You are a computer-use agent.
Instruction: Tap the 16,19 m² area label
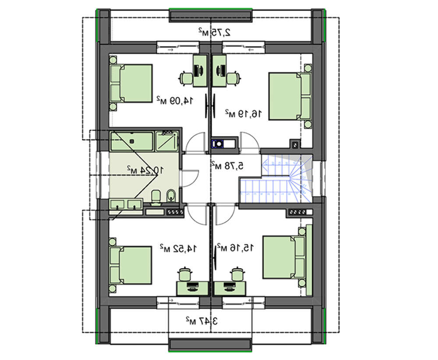(244, 113)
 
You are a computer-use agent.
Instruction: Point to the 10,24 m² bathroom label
(145, 169)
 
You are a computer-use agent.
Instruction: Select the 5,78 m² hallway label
(227, 166)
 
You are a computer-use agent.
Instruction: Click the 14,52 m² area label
(178, 248)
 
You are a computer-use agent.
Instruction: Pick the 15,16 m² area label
(236, 247)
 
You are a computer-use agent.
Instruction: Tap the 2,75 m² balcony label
(215, 32)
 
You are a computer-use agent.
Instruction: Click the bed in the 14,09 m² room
(131, 83)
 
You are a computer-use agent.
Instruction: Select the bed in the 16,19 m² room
(290, 96)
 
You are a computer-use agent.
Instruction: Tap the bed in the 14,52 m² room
(131, 265)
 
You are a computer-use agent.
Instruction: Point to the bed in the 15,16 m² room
(283, 257)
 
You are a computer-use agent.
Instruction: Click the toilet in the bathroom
(156, 197)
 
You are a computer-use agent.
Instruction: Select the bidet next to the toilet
(171, 196)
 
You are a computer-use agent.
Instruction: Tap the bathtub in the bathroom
(132, 141)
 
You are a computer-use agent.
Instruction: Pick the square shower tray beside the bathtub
(166, 141)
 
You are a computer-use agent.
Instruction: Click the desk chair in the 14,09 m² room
(186, 78)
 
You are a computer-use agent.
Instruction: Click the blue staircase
(276, 179)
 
